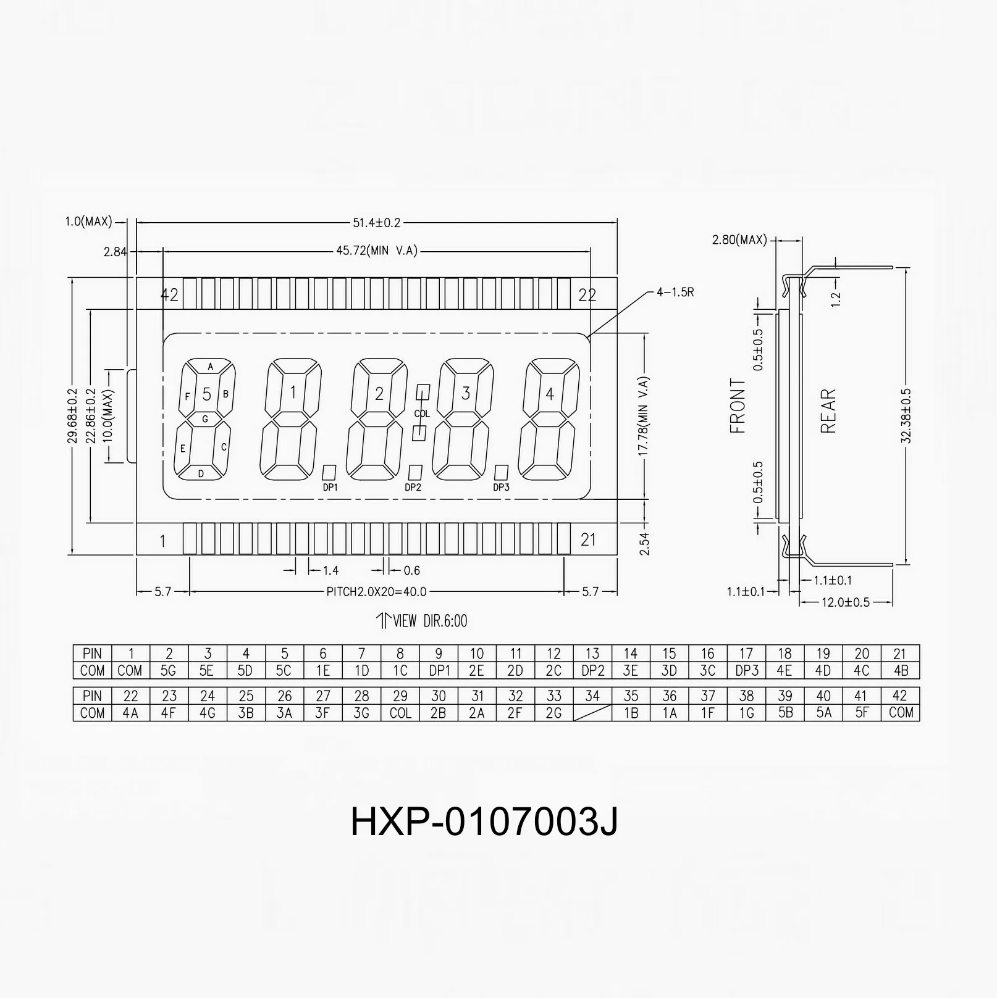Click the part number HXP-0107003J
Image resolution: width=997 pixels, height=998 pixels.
point(484,822)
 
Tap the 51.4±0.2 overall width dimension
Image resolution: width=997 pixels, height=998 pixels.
point(376,222)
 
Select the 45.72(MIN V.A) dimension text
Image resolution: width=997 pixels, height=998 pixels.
point(376,251)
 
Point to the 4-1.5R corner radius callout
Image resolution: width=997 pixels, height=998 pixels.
point(675,292)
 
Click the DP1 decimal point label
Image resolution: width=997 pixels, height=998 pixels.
point(330,488)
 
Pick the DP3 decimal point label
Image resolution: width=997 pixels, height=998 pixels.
point(501,488)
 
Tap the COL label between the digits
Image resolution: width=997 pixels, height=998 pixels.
point(422,414)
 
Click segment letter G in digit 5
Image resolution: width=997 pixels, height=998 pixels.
point(206,419)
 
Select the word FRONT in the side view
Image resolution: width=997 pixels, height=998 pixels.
point(738,405)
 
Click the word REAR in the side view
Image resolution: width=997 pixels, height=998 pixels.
point(828,410)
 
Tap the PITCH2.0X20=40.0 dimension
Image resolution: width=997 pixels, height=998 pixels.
point(376,592)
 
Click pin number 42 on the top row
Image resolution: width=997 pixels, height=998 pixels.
point(169,294)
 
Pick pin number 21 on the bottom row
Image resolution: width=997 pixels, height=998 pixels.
point(588,540)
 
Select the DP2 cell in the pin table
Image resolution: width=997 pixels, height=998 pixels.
point(592,670)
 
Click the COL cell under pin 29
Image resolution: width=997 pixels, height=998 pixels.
point(400,712)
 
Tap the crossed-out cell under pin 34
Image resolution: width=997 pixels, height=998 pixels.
point(592,712)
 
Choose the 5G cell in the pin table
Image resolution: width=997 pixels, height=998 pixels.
point(169,670)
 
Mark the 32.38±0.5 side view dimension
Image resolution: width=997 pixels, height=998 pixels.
point(906,415)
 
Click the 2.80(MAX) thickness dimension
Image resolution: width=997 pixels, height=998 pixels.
point(739,239)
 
